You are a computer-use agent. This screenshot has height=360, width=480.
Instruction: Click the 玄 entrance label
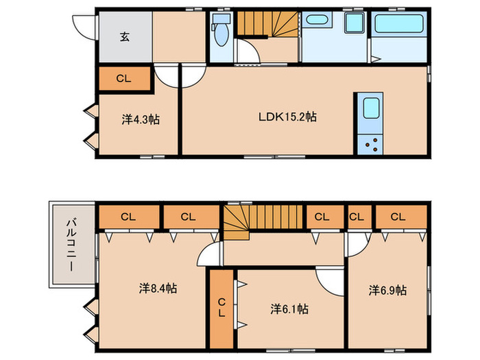tap(125, 37)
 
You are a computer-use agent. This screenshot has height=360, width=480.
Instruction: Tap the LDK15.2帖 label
tap(287, 117)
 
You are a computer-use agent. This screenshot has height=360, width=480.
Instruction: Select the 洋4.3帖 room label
tap(141, 119)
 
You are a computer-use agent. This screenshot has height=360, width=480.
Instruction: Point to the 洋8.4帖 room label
tap(158, 288)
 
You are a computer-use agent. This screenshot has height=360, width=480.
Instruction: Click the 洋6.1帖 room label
tap(289, 309)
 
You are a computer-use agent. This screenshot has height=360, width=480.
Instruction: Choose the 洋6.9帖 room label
tap(387, 290)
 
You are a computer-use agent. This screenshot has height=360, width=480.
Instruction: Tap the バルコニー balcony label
tap(71, 244)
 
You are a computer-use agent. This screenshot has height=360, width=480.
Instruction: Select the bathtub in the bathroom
tap(399, 23)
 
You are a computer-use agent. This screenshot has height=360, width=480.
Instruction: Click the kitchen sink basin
tap(372, 108)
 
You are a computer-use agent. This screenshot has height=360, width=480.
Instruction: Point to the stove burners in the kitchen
tap(372, 145)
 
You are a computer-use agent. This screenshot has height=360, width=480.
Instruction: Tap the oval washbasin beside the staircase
tap(317, 20)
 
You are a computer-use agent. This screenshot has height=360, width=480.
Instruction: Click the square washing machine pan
tap(355, 23)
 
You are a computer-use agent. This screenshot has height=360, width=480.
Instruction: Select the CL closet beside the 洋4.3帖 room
tap(124, 79)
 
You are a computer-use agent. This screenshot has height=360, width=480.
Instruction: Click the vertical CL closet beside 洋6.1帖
tap(221, 309)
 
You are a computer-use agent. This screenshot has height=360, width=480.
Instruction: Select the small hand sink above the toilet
tap(221, 19)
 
